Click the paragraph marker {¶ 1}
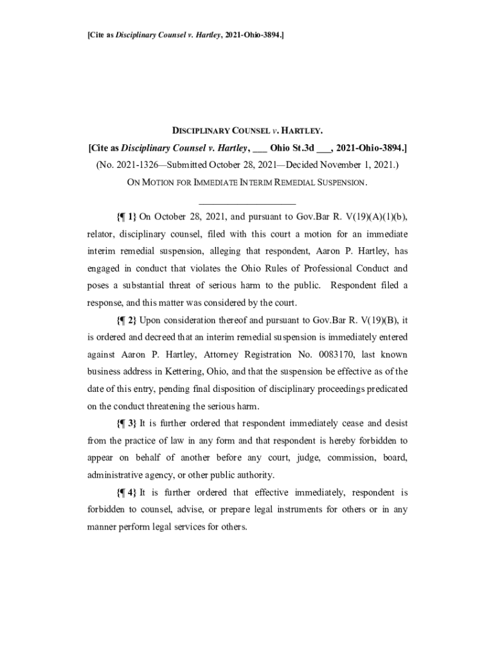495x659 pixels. click(x=127, y=216)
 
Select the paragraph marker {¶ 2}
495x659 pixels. click(x=127, y=320)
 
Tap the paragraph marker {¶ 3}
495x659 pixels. click(x=127, y=423)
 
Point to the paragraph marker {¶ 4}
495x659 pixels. click(x=127, y=492)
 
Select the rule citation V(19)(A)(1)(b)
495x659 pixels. click(x=370, y=216)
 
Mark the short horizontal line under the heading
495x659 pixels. click(x=248, y=203)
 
